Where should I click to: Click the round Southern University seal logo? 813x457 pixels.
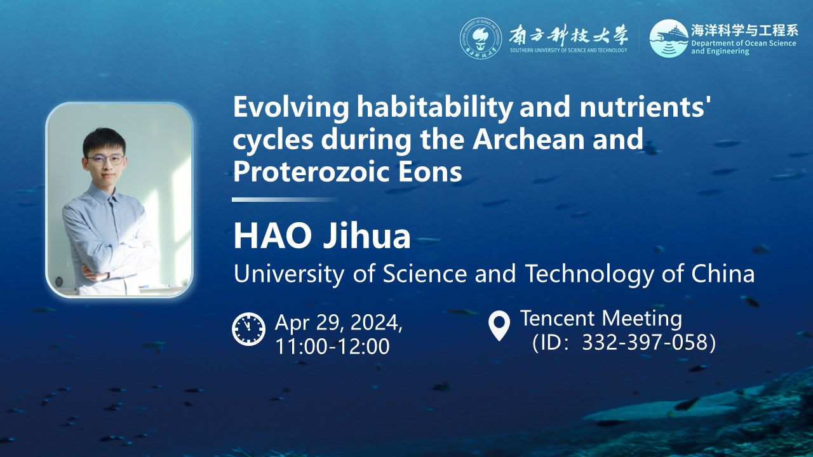[481, 39]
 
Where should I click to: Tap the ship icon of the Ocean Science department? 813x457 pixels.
[669, 38]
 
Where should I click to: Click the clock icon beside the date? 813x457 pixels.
[248, 329]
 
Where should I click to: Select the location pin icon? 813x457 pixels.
[499, 326]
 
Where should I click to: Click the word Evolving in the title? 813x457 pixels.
[291, 108]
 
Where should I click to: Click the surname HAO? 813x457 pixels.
[272, 237]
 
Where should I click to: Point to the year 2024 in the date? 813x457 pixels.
[377, 322]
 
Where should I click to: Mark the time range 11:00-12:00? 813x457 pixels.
[332, 346]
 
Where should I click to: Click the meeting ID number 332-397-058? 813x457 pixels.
[645, 342]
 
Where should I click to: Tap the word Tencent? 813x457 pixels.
[558, 318]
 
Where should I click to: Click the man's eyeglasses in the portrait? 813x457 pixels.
[105, 159]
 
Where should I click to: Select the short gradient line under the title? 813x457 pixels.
[285, 199]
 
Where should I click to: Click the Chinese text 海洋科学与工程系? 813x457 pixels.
[744, 30]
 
